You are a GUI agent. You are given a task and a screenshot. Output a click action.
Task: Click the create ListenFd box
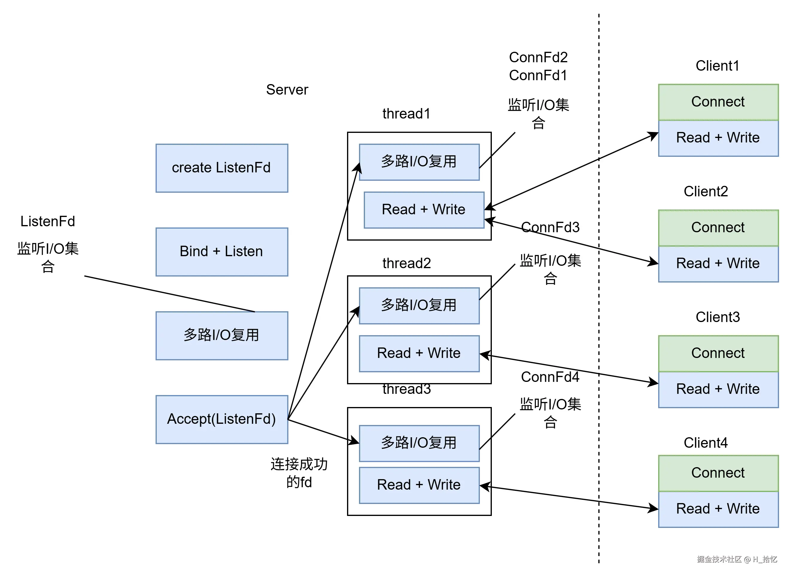click(222, 168)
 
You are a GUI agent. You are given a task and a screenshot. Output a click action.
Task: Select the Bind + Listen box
click(222, 252)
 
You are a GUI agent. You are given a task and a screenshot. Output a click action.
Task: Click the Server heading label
click(287, 90)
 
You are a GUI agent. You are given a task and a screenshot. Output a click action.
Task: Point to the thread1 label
click(406, 114)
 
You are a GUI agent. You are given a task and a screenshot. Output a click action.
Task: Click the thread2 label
click(406, 263)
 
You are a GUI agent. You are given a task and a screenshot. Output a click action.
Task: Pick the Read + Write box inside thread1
click(424, 210)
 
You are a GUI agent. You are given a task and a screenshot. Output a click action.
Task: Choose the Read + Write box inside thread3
click(419, 485)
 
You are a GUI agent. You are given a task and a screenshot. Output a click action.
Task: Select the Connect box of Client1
click(718, 102)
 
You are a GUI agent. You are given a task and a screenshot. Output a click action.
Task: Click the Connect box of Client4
click(718, 473)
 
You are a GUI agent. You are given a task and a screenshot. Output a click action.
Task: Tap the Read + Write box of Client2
click(718, 264)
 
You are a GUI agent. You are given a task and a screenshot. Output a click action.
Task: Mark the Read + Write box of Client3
click(718, 389)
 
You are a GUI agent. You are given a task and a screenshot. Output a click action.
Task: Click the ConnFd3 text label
click(550, 228)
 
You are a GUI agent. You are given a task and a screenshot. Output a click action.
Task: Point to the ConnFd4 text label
click(550, 377)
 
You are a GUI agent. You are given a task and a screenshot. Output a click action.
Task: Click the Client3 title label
click(718, 317)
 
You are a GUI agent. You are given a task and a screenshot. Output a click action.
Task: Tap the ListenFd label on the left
click(48, 221)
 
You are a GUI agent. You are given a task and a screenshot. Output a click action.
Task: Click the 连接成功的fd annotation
click(299, 473)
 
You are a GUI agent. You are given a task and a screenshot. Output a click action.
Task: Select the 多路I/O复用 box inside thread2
click(419, 306)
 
